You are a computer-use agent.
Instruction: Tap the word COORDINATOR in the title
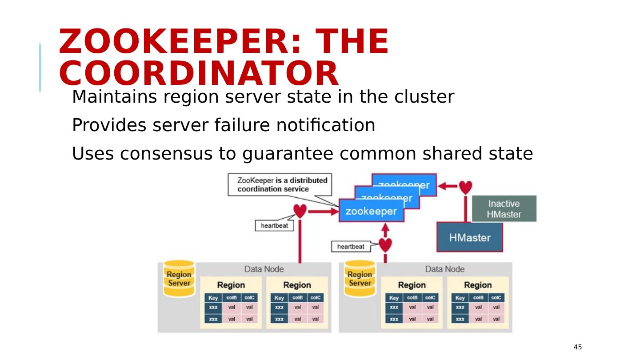pos(199,73)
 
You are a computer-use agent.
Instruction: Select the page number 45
pos(578,347)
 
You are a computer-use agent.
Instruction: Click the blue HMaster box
pos(470,237)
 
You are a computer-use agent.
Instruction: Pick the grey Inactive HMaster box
pos(504,208)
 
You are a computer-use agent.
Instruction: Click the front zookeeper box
pos(371,211)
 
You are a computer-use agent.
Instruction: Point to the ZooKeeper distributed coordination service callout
pos(280,184)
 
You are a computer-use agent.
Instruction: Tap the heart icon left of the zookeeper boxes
pos(300,211)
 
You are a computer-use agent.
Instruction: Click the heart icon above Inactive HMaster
pos(465,187)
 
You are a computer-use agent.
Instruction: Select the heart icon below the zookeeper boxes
pos(385,244)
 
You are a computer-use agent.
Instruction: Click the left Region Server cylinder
pos(179,279)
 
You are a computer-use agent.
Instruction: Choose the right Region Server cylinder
pos(360,279)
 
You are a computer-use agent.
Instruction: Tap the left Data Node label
pos(264,269)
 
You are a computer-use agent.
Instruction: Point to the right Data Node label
pos(444,269)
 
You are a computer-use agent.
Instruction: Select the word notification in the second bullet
pos(326,126)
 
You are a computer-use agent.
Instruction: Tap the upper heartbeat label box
pos(274,225)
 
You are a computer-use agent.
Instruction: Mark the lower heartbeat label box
pos(351,246)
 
